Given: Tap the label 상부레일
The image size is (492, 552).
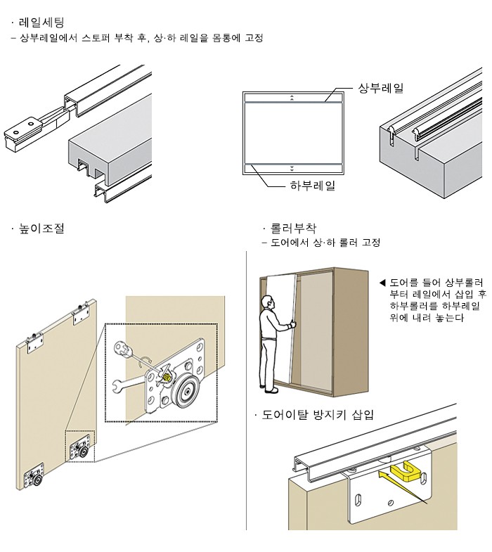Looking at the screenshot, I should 380,88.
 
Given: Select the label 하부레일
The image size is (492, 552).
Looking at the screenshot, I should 312,186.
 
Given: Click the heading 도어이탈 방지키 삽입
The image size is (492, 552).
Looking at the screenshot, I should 317,414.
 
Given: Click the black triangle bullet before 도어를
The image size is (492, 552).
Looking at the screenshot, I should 382,283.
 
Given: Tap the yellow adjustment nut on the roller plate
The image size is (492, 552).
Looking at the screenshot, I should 167,376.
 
